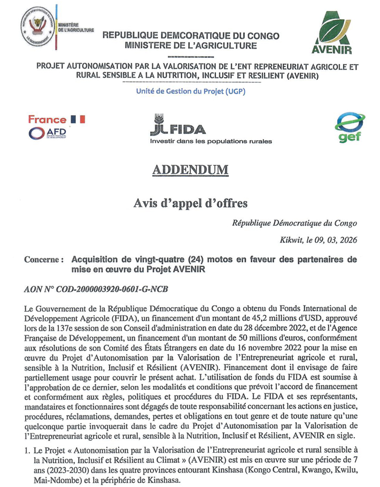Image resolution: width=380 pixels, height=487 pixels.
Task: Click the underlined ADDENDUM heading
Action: pos(190,170)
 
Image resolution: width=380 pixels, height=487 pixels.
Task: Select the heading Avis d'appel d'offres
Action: pos(190,203)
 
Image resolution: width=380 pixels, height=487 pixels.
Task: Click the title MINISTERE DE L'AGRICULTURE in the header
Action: pos(190,46)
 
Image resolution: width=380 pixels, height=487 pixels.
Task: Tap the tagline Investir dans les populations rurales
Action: pos(210,141)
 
